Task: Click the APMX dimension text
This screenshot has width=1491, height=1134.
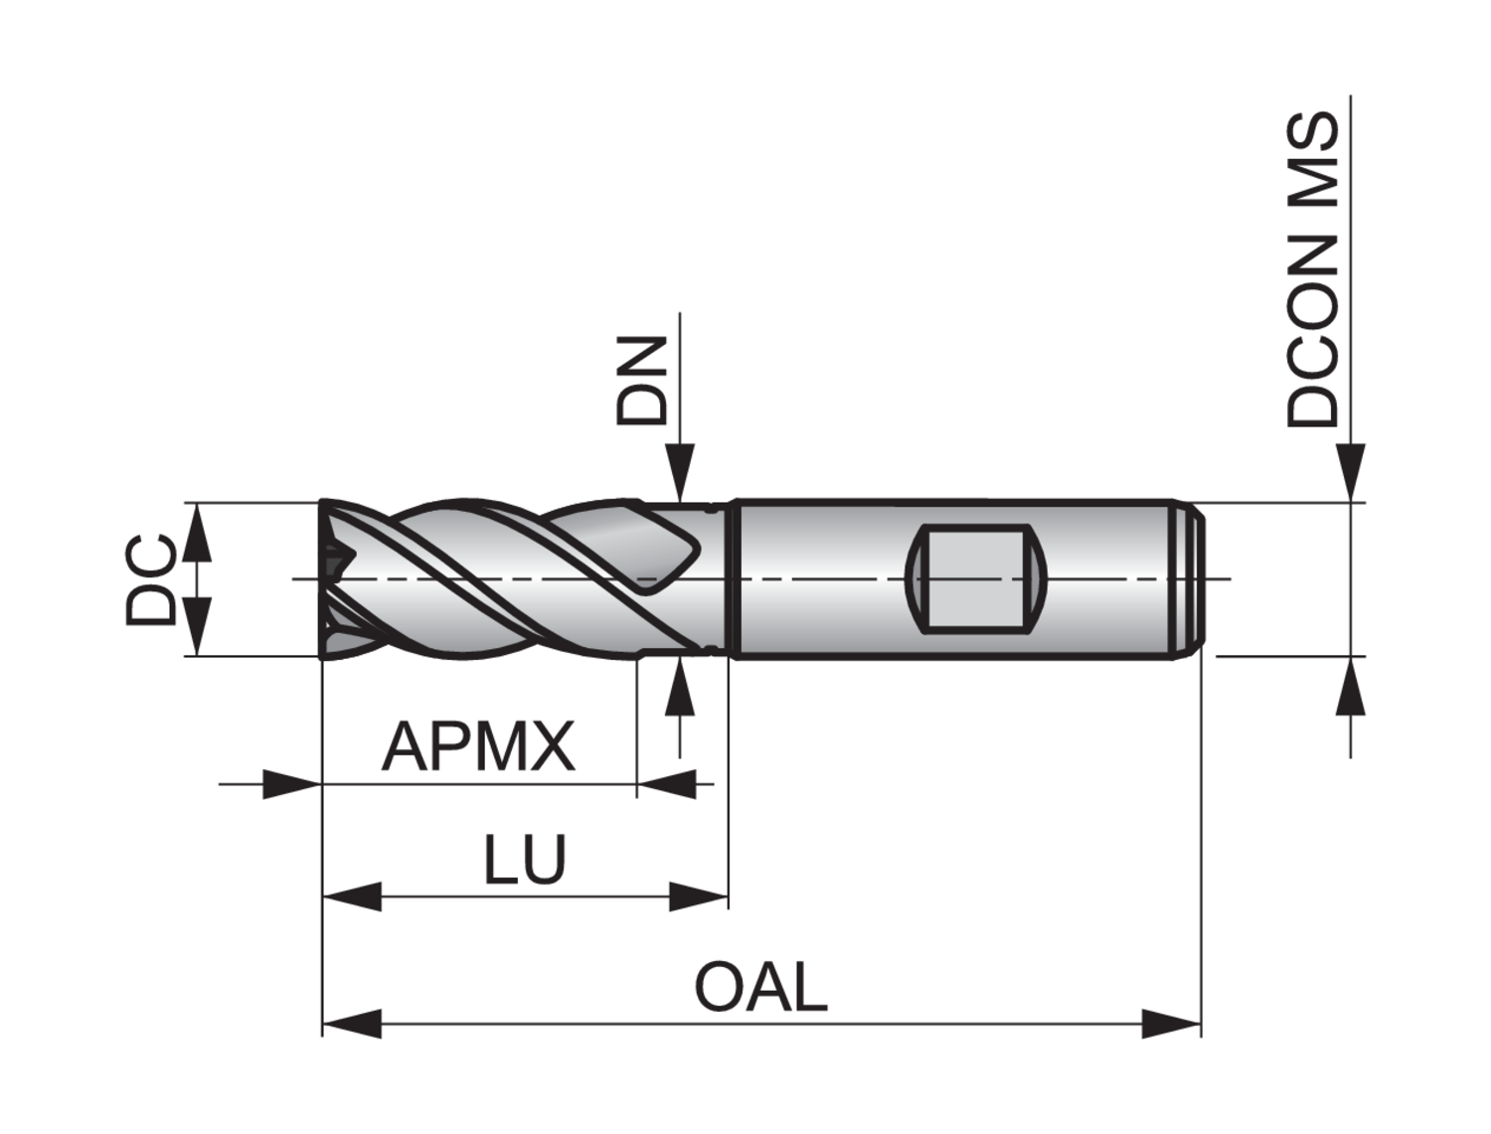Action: (x=478, y=747)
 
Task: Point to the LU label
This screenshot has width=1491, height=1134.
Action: (x=525, y=860)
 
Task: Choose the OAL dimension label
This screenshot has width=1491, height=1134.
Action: (x=760, y=988)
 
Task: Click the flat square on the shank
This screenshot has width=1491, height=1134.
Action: (x=975, y=578)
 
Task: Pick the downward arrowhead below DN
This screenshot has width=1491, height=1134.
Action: (x=680, y=474)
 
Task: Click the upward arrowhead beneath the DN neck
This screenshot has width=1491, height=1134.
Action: (x=680, y=685)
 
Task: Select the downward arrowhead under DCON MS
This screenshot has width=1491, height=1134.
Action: (x=1350, y=472)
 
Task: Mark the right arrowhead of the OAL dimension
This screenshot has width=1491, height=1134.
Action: (x=1173, y=1023)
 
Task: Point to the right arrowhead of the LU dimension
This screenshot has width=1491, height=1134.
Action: (x=700, y=895)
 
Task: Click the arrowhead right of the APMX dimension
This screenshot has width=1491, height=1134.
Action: (x=666, y=784)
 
